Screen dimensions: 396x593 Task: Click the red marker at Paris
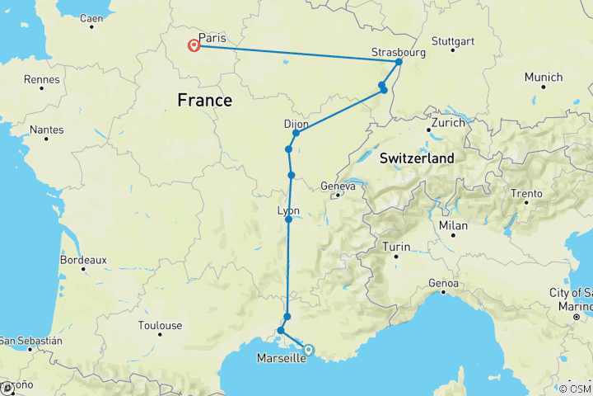pyautogui.click(x=194, y=45)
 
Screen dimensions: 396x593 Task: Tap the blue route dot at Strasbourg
pyautogui.click(x=399, y=63)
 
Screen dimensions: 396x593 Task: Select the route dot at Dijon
pyautogui.click(x=296, y=133)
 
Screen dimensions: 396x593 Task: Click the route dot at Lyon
pyautogui.click(x=288, y=219)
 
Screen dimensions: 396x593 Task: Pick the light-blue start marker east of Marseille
pyautogui.click(x=308, y=350)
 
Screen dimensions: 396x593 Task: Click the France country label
pyautogui.click(x=204, y=100)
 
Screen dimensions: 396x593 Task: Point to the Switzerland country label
pyautogui.click(x=416, y=157)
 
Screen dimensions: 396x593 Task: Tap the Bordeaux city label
pyautogui.click(x=83, y=260)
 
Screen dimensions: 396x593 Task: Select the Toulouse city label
pyautogui.click(x=160, y=326)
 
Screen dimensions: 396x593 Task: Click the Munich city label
pyautogui.click(x=543, y=78)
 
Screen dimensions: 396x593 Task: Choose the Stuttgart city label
pyautogui.click(x=452, y=41)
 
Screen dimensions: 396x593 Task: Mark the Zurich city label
pyautogui.click(x=447, y=122)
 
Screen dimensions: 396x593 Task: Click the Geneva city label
pyautogui.click(x=338, y=186)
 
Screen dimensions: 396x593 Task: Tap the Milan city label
pyautogui.click(x=453, y=226)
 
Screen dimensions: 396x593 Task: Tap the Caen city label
pyautogui.click(x=91, y=17)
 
